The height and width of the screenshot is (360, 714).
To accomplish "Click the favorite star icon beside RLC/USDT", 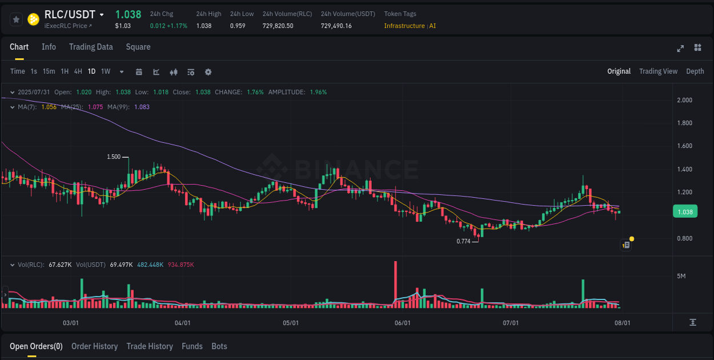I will (x=17, y=19).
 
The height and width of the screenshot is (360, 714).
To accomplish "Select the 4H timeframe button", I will (x=78, y=71).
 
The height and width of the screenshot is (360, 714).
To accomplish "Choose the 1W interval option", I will (x=106, y=71).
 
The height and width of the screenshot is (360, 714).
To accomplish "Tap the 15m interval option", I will (x=49, y=71).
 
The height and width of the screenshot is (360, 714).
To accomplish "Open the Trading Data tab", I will (x=91, y=47).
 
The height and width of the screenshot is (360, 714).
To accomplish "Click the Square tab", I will (x=138, y=47).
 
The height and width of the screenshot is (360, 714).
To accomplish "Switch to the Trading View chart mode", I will (x=658, y=71).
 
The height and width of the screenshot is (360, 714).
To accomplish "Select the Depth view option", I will (x=695, y=71).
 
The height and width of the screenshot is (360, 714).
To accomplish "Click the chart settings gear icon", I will (x=208, y=72).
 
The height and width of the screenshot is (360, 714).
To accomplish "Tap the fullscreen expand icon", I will (x=680, y=48).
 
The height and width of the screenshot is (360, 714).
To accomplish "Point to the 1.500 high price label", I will (x=114, y=157).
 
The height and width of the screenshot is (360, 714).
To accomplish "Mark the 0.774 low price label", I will (x=463, y=241).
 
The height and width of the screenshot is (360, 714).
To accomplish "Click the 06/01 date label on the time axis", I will (x=403, y=323).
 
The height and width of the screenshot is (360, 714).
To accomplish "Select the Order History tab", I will (x=94, y=346).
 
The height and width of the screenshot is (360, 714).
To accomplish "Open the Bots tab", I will (x=219, y=346).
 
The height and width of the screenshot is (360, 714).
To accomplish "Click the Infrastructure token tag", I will (x=404, y=26).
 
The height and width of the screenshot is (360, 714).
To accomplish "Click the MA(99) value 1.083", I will (x=142, y=107).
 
